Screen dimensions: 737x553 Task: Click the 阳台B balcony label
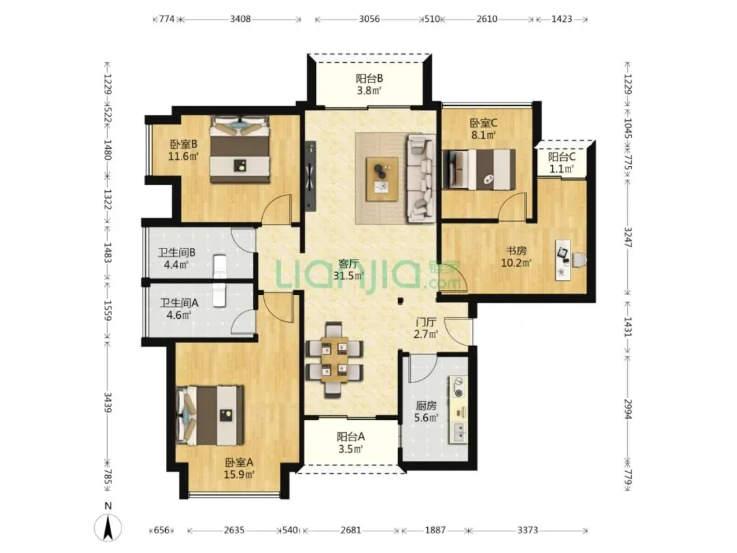click(x=369, y=78)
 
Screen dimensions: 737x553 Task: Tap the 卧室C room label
click(x=483, y=123)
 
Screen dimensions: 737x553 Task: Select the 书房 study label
click(x=516, y=251)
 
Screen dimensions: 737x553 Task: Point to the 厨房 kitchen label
click(x=426, y=406)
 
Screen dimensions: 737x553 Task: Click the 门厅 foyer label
click(x=426, y=322)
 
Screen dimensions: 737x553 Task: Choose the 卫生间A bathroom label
click(x=179, y=303)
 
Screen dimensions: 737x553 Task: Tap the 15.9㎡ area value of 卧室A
click(x=239, y=474)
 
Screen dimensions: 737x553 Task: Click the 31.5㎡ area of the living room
click(x=349, y=276)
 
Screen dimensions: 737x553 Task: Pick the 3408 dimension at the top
click(x=240, y=19)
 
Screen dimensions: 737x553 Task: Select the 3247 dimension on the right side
click(x=628, y=237)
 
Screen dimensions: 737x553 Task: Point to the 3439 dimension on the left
click(x=108, y=403)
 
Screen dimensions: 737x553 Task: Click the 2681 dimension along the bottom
click(x=351, y=530)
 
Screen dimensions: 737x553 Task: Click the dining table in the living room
click(x=334, y=360)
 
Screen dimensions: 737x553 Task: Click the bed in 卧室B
click(x=240, y=149)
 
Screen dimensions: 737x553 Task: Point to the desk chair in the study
click(x=579, y=260)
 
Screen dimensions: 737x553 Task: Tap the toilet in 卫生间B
click(x=220, y=266)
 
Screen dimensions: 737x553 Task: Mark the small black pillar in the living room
click(x=400, y=300)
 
